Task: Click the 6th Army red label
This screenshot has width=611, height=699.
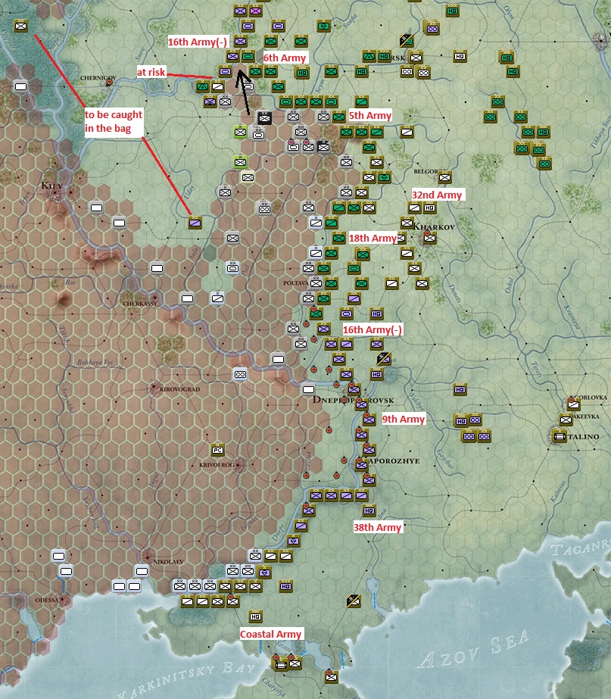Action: tap(285, 58)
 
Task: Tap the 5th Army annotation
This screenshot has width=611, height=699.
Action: tap(370, 116)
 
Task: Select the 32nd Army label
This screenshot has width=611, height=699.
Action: tap(437, 195)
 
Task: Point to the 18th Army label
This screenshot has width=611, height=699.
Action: tap(373, 239)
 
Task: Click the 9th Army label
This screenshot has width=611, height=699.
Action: tap(404, 419)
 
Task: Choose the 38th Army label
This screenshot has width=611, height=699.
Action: tap(377, 527)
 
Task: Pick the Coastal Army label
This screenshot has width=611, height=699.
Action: tap(271, 634)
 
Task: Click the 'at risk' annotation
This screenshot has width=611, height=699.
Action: tap(151, 72)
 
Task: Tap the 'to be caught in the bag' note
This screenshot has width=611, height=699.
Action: tap(114, 122)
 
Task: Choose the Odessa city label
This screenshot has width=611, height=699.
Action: tap(46, 599)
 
